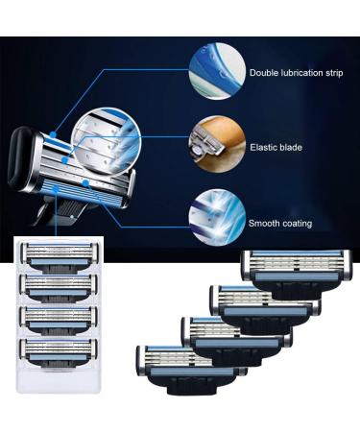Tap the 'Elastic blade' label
click(275, 148)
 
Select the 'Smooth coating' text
click(280, 224)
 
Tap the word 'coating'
click(296, 224)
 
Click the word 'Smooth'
click(263, 224)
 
